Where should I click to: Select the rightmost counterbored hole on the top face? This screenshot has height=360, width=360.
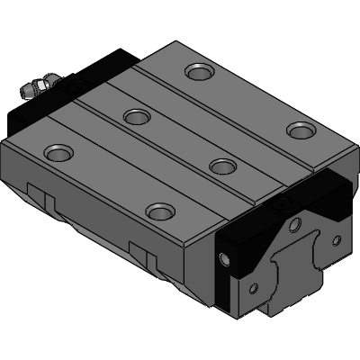pos(299,130)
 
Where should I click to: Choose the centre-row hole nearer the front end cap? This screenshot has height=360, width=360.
pos(222,166)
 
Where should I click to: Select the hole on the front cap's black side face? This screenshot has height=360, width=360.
pos(224,262)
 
